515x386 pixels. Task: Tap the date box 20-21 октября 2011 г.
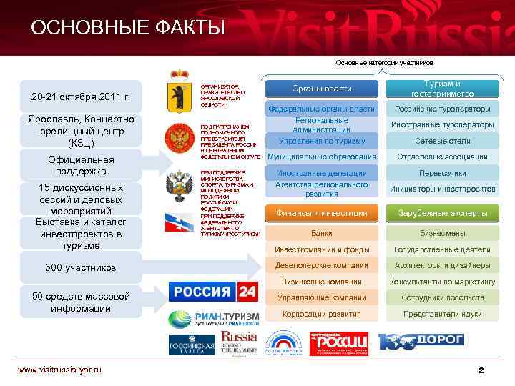click(81, 97)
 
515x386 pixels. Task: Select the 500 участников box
click(81, 268)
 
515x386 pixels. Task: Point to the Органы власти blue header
click(322, 89)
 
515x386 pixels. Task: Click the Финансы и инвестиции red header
click(322, 213)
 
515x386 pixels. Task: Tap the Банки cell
click(322, 233)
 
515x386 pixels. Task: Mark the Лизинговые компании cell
click(322, 282)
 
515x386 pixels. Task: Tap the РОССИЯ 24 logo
click(212, 292)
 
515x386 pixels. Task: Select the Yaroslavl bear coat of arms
click(178, 91)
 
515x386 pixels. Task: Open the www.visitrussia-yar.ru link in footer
click(59, 369)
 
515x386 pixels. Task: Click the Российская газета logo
click(192, 344)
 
